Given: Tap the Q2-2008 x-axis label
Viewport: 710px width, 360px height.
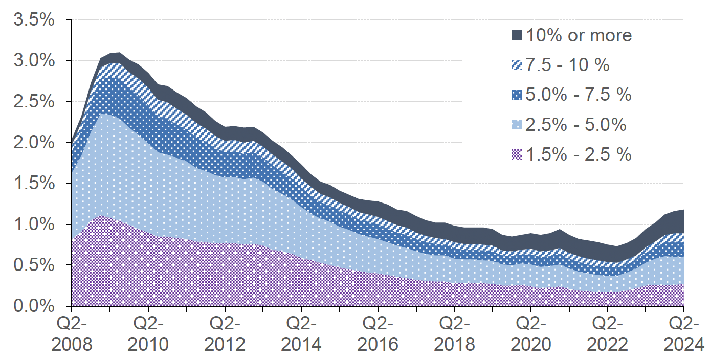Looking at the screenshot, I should click(72, 334).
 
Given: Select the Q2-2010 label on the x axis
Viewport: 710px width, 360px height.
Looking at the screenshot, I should click(148, 334).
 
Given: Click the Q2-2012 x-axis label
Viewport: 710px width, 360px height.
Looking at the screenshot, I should click(225, 334).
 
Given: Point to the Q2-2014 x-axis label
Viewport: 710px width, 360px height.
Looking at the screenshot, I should click(302, 334).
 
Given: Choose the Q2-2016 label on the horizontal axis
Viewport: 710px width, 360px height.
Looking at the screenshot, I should click(378, 334).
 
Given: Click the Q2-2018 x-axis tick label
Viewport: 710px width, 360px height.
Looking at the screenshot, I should click(454, 334).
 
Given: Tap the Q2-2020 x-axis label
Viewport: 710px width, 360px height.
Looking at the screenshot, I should click(531, 334).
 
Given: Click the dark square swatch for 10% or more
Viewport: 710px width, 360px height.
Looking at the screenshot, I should click(517, 35).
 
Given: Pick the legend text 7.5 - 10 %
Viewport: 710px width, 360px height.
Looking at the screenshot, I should click(568, 65).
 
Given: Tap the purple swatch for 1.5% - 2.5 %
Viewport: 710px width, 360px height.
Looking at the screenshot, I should click(517, 154).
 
